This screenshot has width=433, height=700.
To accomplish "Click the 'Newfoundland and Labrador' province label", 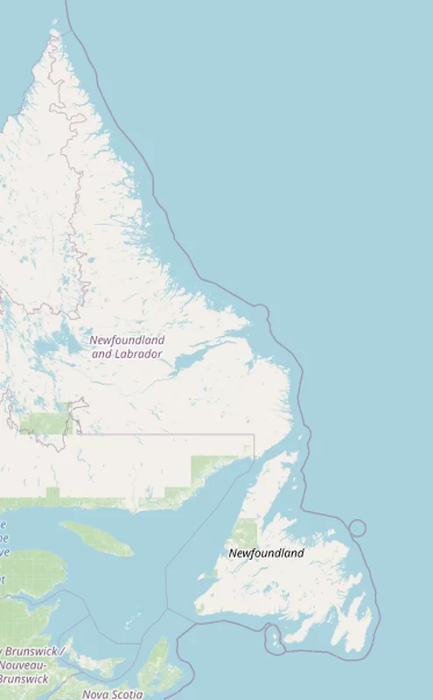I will (x=128, y=346).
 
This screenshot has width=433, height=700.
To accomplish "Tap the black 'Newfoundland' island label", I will (x=266, y=553).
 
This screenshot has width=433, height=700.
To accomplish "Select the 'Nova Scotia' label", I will (x=113, y=694).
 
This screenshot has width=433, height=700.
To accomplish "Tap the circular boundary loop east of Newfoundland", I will (x=357, y=528).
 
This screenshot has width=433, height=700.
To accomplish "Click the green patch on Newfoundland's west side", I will (x=245, y=534).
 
